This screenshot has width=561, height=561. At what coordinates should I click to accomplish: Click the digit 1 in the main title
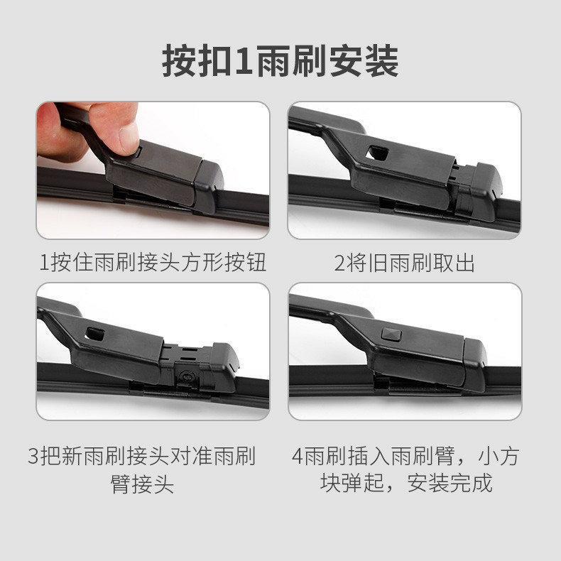click(x=245, y=61)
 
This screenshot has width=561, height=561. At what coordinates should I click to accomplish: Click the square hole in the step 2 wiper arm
click(x=377, y=153)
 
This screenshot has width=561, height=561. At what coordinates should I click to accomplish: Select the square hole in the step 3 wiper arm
click(x=95, y=334)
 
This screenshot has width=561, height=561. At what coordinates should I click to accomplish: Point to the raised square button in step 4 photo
click(x=391, y=334)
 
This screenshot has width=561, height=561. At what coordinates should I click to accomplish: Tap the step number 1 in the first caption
click(x=44, y=263)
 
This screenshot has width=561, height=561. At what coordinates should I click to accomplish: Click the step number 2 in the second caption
click(x=340, y=263)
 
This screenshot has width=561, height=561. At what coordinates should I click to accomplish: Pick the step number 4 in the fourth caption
click(x=298, y=456)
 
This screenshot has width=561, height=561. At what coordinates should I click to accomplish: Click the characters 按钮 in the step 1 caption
click(x=246, y=263)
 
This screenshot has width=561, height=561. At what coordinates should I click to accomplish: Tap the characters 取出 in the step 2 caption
click(x=454, y=263)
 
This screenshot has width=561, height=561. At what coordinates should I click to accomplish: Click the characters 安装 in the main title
click(x=364, y=61)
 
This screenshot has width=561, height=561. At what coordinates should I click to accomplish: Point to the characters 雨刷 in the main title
click(x=292, y=61)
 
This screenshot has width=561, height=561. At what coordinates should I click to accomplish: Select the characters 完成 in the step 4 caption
click(x=472, y=483)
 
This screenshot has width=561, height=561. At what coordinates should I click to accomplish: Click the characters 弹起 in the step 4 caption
click(x=363, y=483)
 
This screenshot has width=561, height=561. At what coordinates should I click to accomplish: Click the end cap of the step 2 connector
click(x=486, y=192)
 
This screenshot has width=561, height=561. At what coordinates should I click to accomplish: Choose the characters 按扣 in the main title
click(x=197, y=61)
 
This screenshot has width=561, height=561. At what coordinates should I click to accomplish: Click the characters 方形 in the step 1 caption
click(x=203, y=263)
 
